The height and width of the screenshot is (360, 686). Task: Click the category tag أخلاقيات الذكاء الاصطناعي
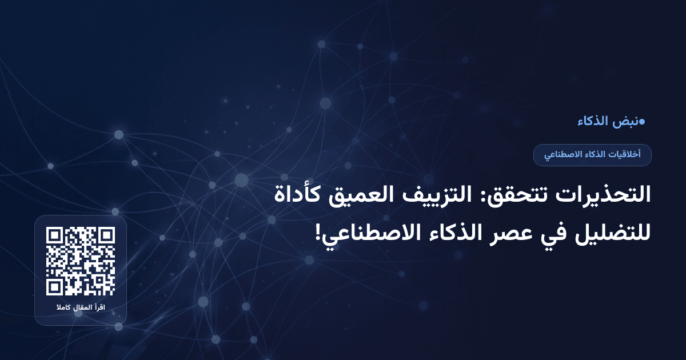592,155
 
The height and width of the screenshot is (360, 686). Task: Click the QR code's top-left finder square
55,235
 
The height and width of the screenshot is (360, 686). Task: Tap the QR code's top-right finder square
106,235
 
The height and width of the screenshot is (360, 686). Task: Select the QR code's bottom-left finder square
55,287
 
